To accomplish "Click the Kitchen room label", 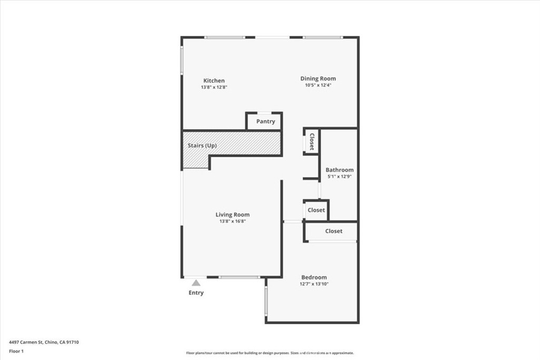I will pos(214,81).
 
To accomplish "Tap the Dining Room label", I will pos(318,79).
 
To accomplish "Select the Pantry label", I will pos(266,121).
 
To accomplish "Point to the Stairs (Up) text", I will pos(202,145).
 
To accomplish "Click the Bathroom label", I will pos(339,170).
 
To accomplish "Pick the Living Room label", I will pos(233,215).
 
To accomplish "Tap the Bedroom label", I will pos(314,277).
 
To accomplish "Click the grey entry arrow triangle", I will pos(196,283).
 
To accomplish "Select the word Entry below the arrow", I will pos(196,293).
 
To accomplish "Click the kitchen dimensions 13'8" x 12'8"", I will pos(214,87).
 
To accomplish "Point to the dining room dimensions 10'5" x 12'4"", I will pos(318,85).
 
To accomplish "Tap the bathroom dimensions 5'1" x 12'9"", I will pos(339,177).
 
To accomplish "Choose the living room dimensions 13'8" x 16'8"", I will pos(233,221).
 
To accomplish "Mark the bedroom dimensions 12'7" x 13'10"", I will pos(314,284).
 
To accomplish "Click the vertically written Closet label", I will pos(312,142).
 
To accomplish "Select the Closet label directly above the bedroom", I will pos(334,231).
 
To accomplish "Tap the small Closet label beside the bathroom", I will pos(316,210).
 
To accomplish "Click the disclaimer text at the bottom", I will pos(269,353).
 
